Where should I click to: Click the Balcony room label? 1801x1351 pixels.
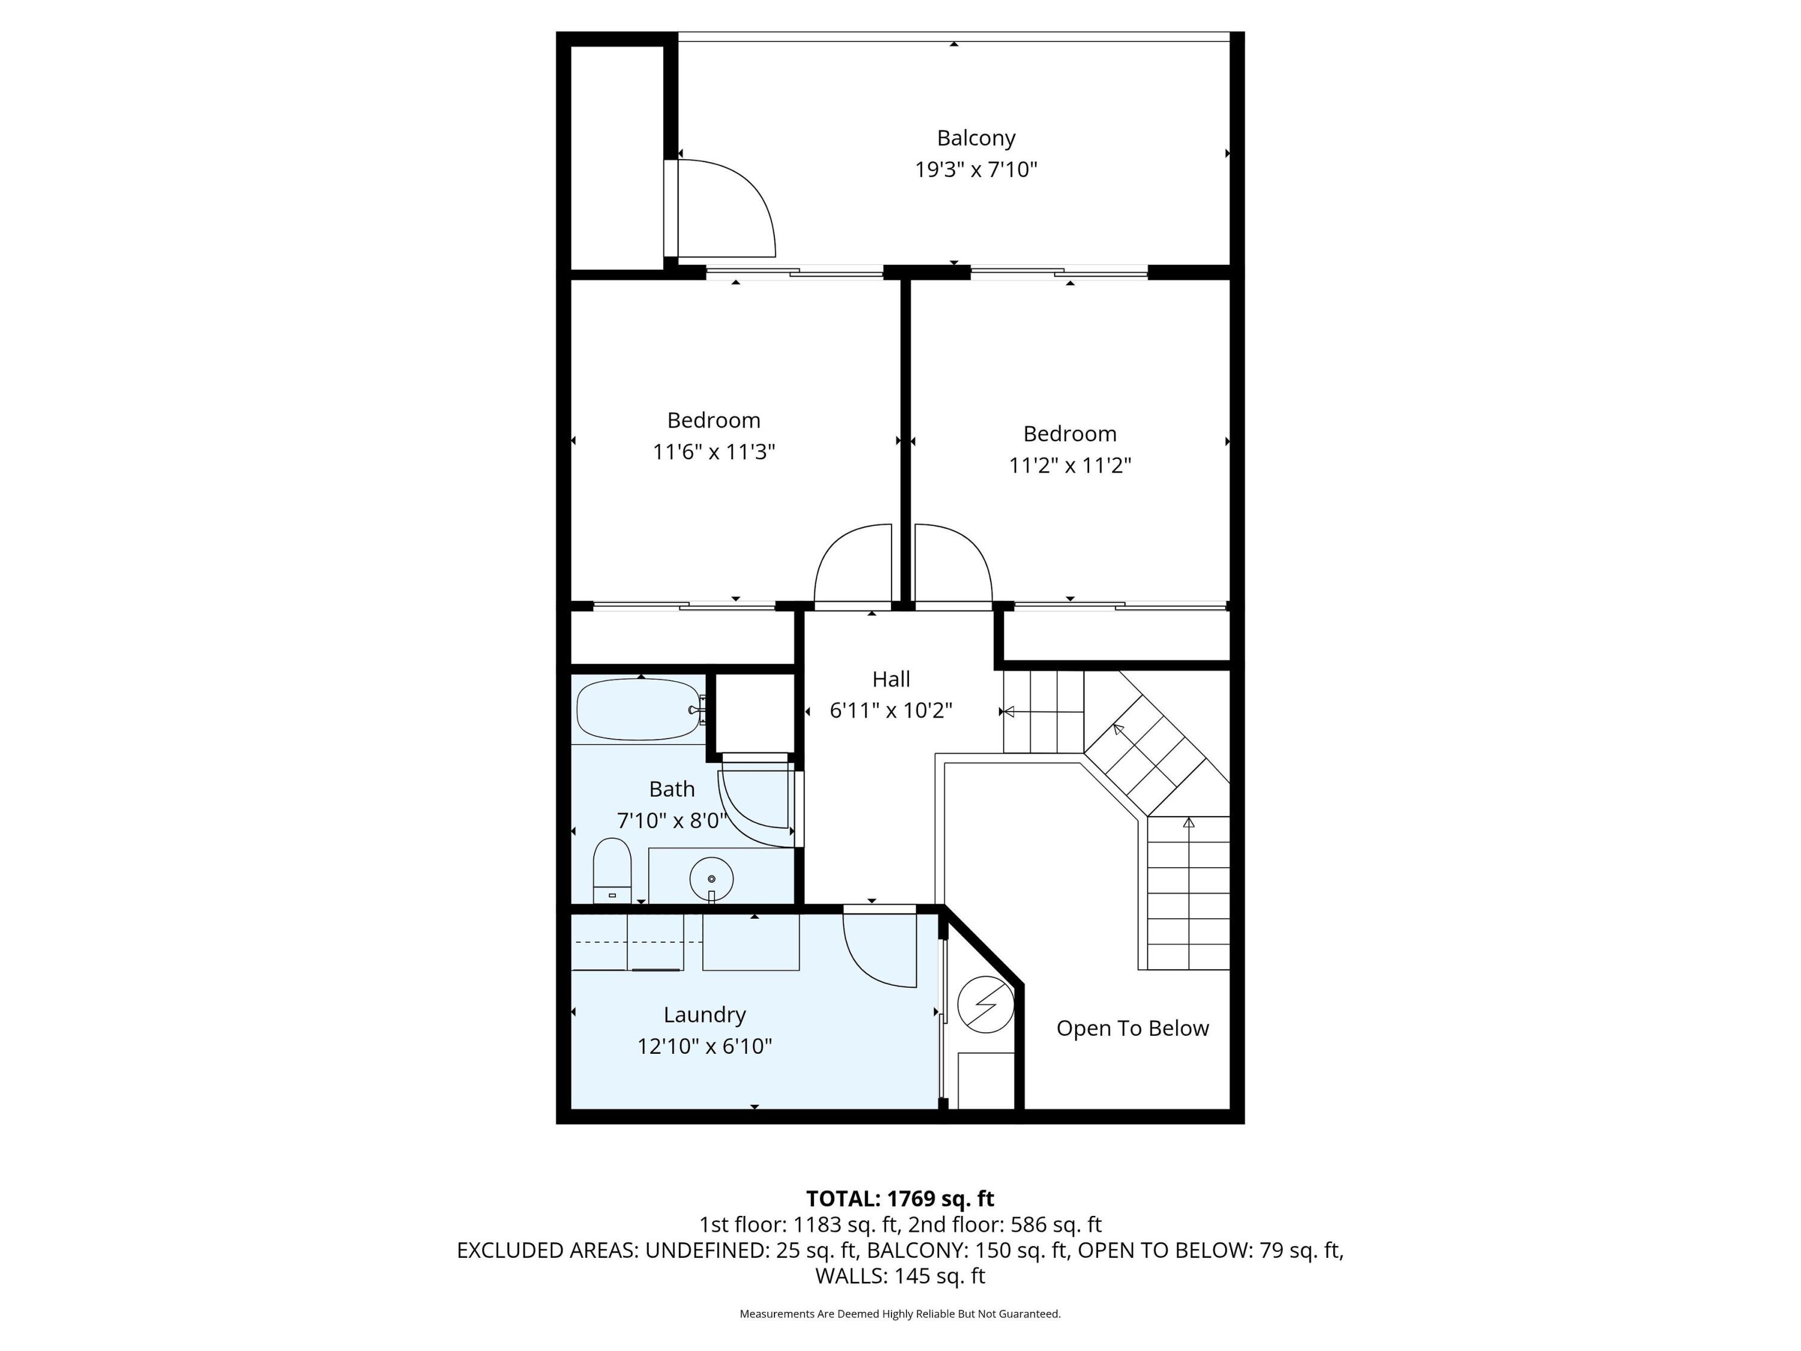pyautogui.click(x=976, y=139)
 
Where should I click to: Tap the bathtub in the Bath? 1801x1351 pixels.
pyautogui.click(x=638, y=709)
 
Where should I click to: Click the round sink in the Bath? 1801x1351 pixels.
pyautogui.click(x=711, y=878)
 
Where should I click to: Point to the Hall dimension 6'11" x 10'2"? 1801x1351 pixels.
pyautogui.click(x=891, y=711)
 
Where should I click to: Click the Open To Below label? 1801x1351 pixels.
pyautogui.click(x=1133, y=1029)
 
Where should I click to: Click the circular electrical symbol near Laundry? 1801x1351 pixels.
pyautogui.click(x=985, y=1004)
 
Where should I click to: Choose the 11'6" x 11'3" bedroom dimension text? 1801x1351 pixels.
pyautogui.click(x=713, y=452)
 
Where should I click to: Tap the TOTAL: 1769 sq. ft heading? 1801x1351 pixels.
pyautogui.click(x=900, y=1198)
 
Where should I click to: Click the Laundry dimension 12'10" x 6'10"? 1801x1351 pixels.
pyautogui.click(x=704, y=1047)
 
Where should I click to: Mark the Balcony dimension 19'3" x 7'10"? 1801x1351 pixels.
pyautogui.click(x=976, y=170)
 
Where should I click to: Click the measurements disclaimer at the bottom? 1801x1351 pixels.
pyautogui.click(x=900, y=1314)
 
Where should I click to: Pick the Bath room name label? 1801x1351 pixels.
pyautogui.click(x=672, y=789)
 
